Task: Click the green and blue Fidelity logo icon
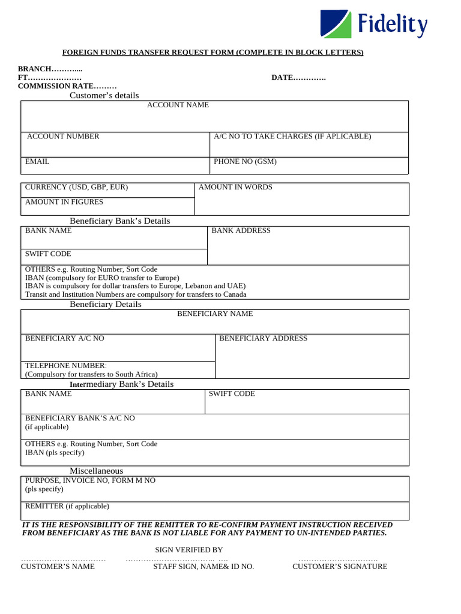[x=336, y=24]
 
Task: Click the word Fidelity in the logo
[x=393, y=25]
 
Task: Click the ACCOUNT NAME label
[x=178, y=105]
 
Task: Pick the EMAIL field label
[x=37, y=161]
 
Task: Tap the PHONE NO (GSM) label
[x=245, y=161]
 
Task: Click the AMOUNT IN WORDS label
[x=235, y=187]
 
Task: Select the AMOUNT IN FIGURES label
[x=64, y=202]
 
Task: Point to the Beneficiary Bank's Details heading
[x=120, y=221]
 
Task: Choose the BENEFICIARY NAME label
[x=215, y=314]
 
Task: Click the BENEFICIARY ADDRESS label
[x=263, y=338]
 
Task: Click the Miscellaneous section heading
[x=96, y=471]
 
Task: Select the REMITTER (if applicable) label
[x=67, y=506]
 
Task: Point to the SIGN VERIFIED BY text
[x=189, y=550]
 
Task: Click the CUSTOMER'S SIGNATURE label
[x=340, y=567]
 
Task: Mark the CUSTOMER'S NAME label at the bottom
[x=58, y=567]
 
